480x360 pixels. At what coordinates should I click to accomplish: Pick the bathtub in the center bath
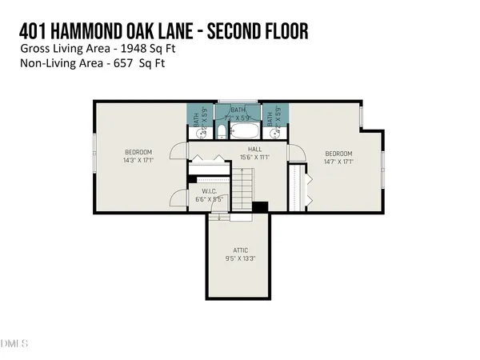click(242, 131)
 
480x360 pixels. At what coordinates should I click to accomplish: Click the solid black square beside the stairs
click(258, 207)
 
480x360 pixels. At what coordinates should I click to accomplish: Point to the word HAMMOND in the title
click(94, 30)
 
